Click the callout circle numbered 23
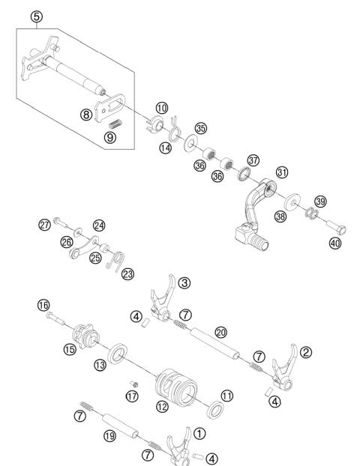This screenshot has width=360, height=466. pyautogui.click(x=128, y=274)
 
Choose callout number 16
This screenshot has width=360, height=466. pyautogui.click(x=43, y=305)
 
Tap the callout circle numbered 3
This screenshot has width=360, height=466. pyautogui.click(x=184, y=282)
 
